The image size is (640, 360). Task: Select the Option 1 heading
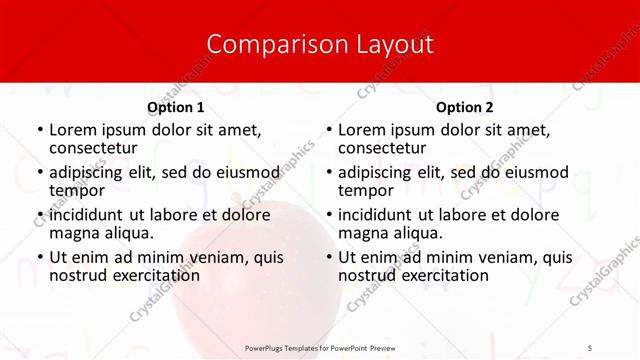click(176, 107)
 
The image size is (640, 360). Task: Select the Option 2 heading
click(465, 107)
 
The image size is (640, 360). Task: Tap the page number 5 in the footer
click(590, 347)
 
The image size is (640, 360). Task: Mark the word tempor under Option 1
click(77, 190)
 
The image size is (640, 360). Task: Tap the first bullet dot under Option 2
click(328, 130)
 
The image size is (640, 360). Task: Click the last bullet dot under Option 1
click(39, 258)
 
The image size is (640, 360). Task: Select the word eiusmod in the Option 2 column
click(537, 172)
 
